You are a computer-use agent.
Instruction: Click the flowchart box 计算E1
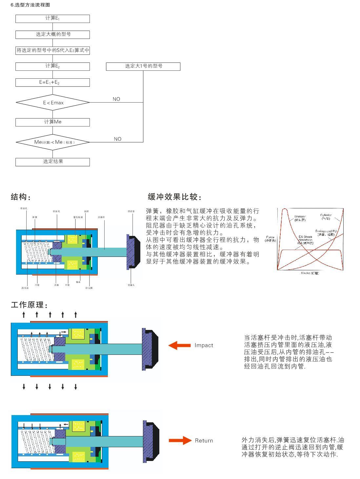point(52,19)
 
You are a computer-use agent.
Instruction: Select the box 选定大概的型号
point(52,34)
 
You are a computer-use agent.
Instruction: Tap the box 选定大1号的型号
point(143,66)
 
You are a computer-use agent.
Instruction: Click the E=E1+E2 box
point(52,82)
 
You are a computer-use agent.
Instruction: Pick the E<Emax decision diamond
point(53,103)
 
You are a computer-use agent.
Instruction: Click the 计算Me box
point(52,122)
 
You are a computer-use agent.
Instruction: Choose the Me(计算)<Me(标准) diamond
point(53,142)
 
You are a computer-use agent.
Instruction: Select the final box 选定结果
point(52,162)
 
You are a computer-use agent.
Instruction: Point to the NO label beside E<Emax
point(116,99)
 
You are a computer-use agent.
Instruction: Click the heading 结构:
point(21,197)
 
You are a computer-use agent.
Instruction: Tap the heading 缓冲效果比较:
point(174,197)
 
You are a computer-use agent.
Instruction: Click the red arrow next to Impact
point(179,345)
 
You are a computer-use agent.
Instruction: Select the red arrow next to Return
point(180,441)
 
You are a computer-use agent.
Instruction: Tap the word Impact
point(204,345)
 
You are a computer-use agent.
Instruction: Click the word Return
point(204,441)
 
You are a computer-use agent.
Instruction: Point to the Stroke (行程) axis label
point(310,273)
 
